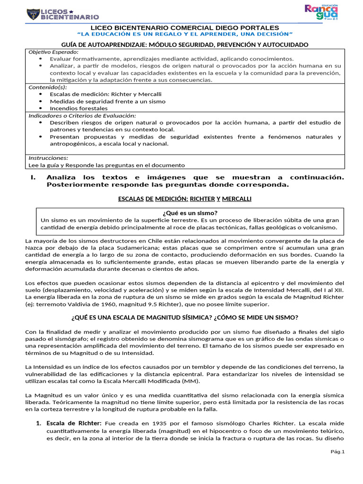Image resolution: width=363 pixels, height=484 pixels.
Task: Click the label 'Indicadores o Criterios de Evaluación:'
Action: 82,115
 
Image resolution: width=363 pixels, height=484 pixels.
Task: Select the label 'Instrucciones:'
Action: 48,158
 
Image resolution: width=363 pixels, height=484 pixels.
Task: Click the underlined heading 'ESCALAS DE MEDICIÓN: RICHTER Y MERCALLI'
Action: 184,199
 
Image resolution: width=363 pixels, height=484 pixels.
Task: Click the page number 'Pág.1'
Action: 338,452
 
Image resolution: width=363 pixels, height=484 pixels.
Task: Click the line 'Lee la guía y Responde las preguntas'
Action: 107,165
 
